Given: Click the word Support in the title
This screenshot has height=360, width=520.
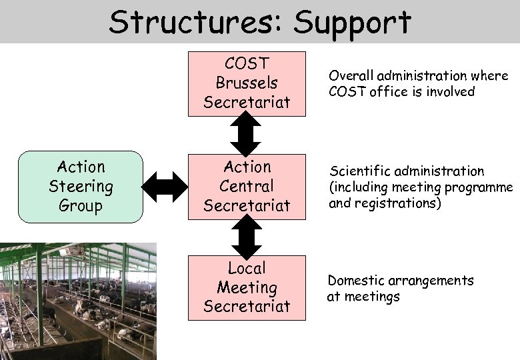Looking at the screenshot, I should [353, 23].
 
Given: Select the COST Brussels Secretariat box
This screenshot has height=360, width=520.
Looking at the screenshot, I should [247, 84].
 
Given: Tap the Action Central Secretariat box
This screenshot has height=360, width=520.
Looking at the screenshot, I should [247, 187].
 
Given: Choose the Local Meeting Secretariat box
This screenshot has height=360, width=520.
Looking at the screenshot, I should [247, 288].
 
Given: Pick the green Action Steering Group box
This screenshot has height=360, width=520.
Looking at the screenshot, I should [81, 187].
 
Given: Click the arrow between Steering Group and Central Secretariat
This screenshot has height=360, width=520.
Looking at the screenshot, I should [167, 187].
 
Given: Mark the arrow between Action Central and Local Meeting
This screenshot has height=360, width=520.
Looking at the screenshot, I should [246, 237].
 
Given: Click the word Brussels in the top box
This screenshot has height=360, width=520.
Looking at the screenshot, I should [247, 83].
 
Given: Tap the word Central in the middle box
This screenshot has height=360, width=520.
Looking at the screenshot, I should [247, 187].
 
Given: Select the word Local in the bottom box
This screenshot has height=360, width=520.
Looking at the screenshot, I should [247, 269].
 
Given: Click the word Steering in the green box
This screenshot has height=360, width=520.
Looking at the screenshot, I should [81, 187].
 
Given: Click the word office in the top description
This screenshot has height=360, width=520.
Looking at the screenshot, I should [392, 92].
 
